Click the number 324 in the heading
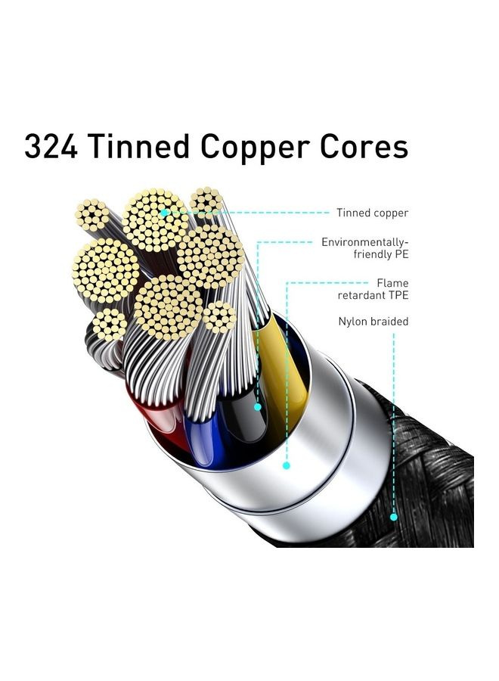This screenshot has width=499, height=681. point(51,146)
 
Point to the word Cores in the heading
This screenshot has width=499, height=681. point(364,146)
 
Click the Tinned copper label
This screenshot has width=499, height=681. point(372,213)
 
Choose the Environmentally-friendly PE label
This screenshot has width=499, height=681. point(365,248)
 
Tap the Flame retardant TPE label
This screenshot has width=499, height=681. point(373,289)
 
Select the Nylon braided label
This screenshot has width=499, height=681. point(373,322)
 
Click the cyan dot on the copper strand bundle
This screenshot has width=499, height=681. point(164,213)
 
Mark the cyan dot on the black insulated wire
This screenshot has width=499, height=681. point(258,407)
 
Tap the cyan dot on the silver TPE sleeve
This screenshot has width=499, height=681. point(287,465)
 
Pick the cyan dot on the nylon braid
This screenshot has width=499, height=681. point(394,517)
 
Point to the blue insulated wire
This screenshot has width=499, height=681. point(204,439)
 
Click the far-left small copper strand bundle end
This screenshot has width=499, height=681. point(92,213)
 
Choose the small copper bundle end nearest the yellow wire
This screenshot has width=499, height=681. point(219,317)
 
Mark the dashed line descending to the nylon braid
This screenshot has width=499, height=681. point(394,424)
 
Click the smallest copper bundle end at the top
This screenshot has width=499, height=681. point(206,201)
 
